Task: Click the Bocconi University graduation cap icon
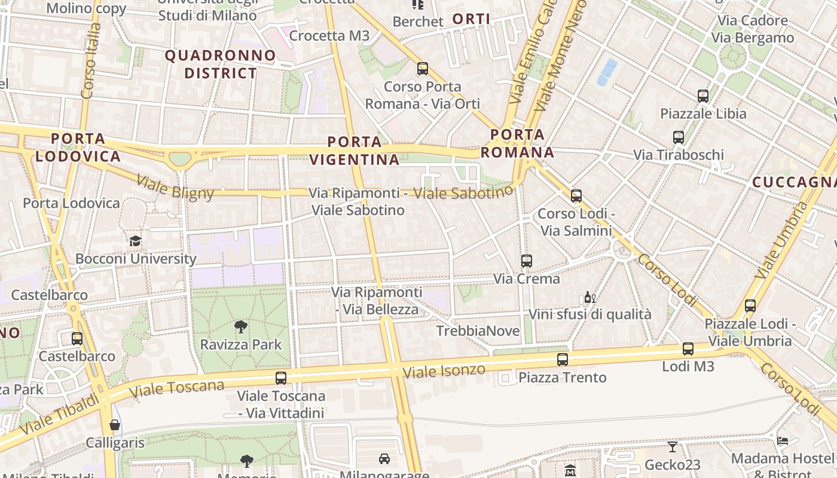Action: (136, 241)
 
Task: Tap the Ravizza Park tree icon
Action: (241, 327)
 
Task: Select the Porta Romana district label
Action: (517, 143)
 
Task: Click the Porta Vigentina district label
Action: (363, 151)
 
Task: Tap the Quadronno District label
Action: (221, 65)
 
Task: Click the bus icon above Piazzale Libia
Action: (703, 96)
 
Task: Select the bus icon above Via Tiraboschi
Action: (679, 137)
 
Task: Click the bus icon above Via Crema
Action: (527, 261)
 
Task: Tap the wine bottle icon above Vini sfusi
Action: (589, 297)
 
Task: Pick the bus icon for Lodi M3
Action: (688, 349)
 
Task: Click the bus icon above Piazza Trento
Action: (563, 360)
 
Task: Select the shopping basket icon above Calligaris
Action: (115, 425)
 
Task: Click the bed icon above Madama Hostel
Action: (783, 441)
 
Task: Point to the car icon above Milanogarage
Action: (384, 459)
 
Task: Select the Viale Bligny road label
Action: (175, 186)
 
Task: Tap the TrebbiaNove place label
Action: (478, 331)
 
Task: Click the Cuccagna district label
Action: (795, 182)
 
